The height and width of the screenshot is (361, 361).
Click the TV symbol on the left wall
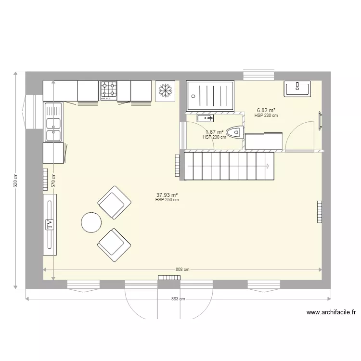[x=49, y=224]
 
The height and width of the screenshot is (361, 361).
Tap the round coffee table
[x=91, y=222]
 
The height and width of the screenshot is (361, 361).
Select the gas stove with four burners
[x=108, y=90]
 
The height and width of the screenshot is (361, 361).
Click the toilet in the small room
[x=234, y=131]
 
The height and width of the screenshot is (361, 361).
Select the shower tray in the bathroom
[x=210, y=95]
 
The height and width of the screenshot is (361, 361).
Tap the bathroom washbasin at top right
[x=298, y=88]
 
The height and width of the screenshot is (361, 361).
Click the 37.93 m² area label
[x=167, y=195]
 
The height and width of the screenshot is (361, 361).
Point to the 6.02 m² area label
[x=266, y=110]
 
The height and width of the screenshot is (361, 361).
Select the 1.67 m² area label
[x=214, y=132]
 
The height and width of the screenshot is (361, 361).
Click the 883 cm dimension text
[x=178, y=299]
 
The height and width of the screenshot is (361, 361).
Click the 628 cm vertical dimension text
[x=15, y=180]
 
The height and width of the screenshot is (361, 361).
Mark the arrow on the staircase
[x=268, y=167]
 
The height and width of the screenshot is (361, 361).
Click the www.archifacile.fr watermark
[x=331, y=312]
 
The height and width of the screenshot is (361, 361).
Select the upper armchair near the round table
[x=114, y=202]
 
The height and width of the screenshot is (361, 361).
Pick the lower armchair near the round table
[x=114, y=244]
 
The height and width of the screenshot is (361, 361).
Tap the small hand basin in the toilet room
[x=205, y=117]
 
